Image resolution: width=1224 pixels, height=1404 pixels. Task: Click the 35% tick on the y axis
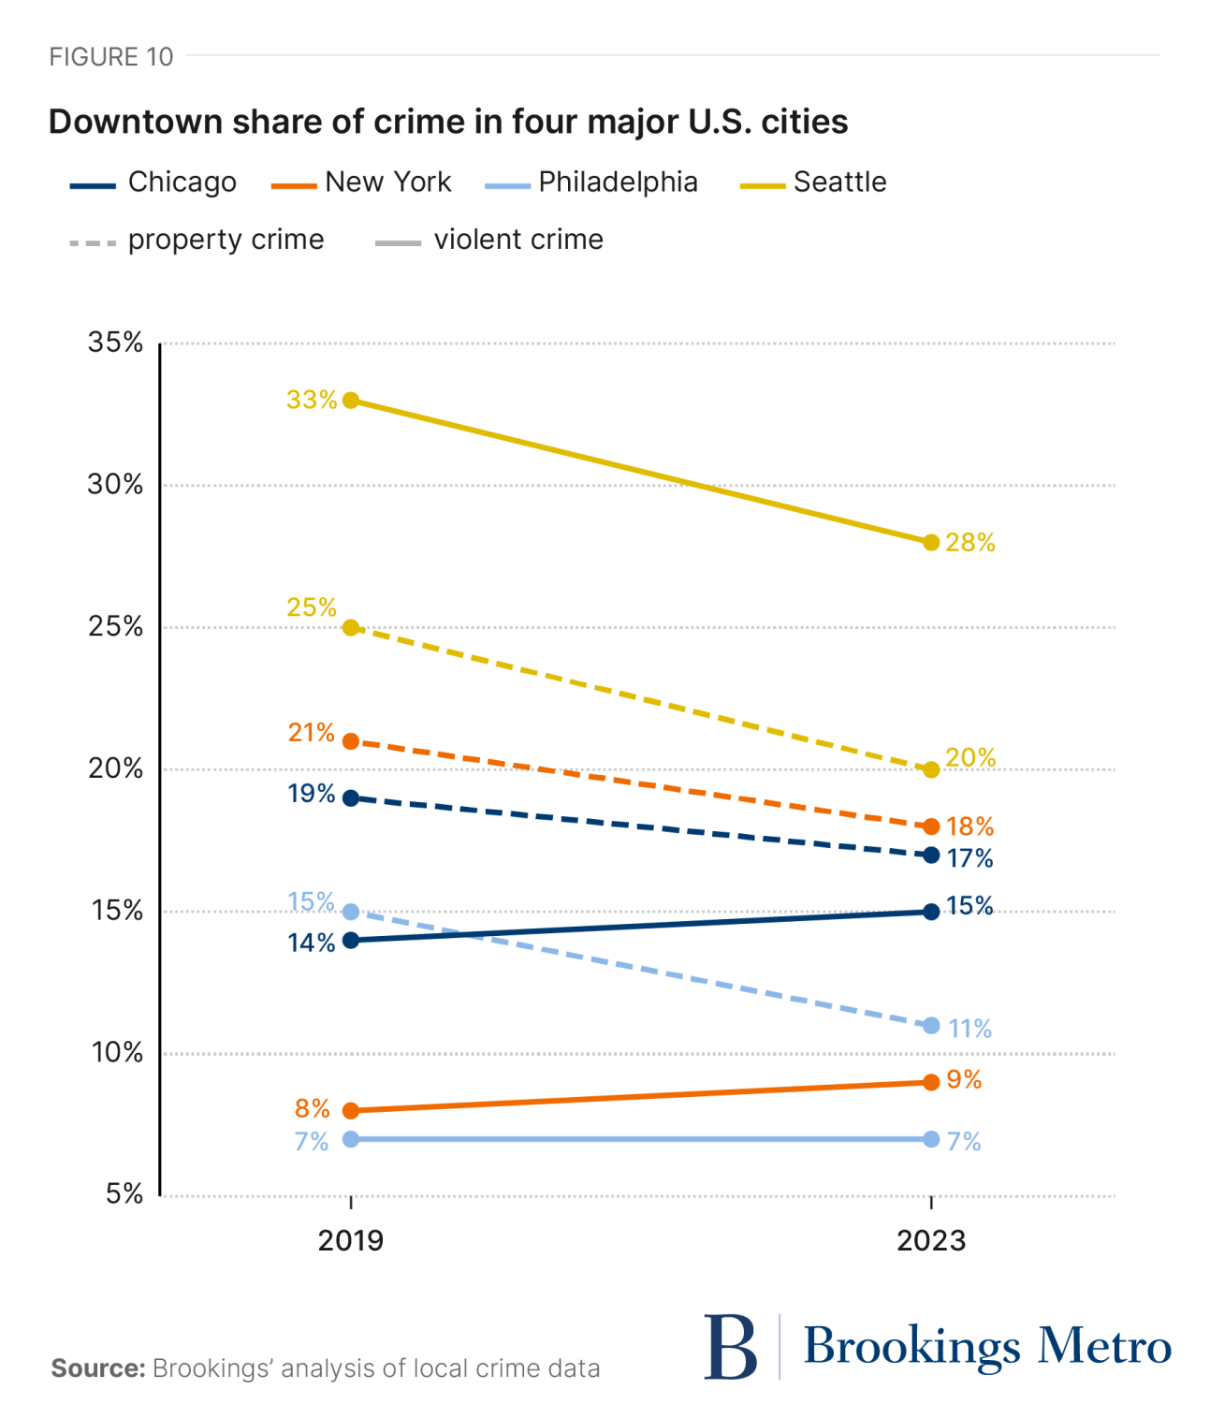tap(116, 343)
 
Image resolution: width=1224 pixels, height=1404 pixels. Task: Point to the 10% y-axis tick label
tap(117, 1053)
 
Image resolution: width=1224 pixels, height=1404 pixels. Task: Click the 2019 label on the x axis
tap(351, 1241)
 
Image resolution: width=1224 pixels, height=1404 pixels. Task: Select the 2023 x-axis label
tap(930, 1241)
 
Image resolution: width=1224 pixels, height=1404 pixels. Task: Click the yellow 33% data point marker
tap(351, 401)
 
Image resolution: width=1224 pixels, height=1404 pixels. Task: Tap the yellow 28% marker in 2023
tap(931, 543)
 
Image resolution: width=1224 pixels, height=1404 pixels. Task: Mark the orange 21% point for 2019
tap(351, 741)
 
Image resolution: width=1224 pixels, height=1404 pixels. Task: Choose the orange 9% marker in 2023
tap(931, 1082)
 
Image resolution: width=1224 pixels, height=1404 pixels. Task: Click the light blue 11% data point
tap(931, 1026)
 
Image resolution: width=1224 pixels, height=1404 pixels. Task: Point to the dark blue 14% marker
tap(351, 940)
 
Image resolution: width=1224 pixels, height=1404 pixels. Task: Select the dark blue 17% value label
tap(969, 858)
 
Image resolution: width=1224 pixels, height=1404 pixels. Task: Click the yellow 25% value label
tap(312, 607)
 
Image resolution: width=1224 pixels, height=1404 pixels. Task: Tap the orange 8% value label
tap(313, 1109)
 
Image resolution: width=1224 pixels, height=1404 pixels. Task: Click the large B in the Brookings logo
tap(731, 1348)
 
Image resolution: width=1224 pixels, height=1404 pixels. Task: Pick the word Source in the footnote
tap(97, 1368)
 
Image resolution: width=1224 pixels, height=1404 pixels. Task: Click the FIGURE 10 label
tap(111, 57)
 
